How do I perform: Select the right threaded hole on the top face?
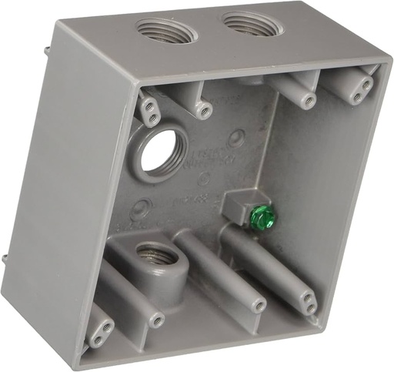pos(248,24)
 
